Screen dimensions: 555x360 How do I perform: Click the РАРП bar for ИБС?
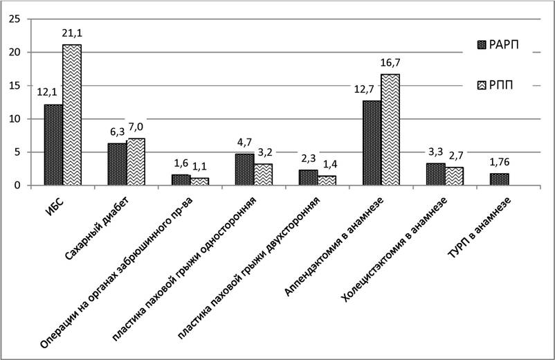coord(53,145)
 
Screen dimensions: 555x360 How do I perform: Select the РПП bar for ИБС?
coord(72,115)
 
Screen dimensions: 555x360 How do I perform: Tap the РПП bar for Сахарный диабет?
coord(136,162)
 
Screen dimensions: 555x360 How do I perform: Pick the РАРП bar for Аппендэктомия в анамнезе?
coord(372,143)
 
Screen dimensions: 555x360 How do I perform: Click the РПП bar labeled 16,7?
coord(390,129)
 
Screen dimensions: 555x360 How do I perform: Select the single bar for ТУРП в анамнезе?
coord(500,179)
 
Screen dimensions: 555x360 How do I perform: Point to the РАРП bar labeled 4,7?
coord(244,170)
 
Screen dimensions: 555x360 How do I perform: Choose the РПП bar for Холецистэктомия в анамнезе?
coord(454,177)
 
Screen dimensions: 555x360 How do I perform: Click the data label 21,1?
coord(72,33)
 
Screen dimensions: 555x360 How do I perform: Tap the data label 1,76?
coord(500,162)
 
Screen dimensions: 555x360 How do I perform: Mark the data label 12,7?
coord(364,89)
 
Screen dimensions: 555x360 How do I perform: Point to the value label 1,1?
coord(199,166)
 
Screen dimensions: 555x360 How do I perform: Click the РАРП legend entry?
coord(498,45)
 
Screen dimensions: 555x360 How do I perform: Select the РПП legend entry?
coord(495,85)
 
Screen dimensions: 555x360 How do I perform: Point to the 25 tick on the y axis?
coord(15,19)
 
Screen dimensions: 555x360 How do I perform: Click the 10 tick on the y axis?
coord(15,119)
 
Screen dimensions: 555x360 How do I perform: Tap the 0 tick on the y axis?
coord(17,186)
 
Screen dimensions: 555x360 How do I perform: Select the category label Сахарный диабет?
coord(97,228)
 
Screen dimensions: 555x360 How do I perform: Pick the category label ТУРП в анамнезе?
coord(480,228)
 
